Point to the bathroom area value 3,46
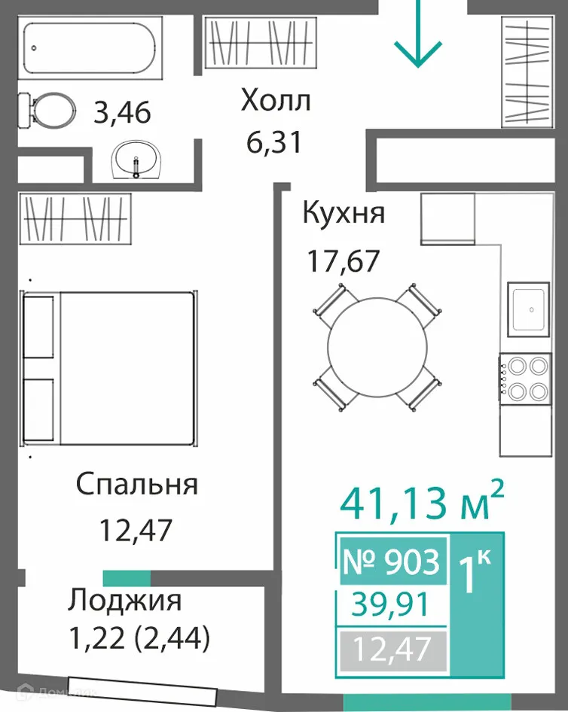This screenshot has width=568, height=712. [x=122, y=113]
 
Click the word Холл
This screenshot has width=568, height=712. [x=275, y=99]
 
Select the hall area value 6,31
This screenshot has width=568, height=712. [x=274, y=141]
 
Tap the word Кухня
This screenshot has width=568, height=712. [x=344, y=213]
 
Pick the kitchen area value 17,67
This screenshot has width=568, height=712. [x=342, y=261]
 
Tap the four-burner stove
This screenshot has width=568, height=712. [x=525, y=378]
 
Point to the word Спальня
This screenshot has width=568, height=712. [x=136, y=484]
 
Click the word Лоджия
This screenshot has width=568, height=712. [x=124, y=601]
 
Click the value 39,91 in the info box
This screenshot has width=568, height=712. [x=392, y=604]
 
